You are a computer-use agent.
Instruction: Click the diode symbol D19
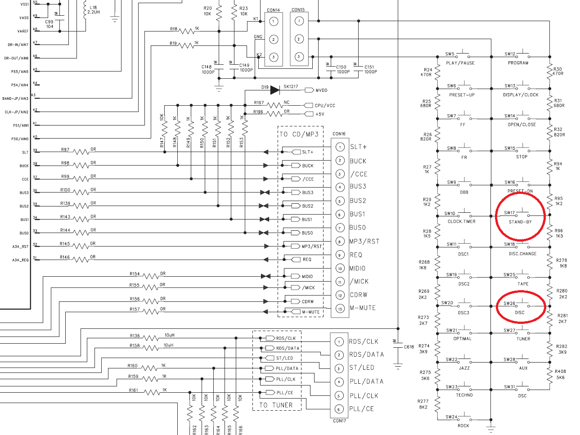coord(275,90)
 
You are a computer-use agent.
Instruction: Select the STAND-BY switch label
coord(520,222)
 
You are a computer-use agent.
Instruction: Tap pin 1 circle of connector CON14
coord(274,22)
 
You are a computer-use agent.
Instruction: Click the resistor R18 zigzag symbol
coord(187,31)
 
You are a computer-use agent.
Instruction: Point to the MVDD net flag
coord(309,90)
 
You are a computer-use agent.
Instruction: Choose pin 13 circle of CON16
coord(340,309)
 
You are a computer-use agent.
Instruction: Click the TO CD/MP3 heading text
coord(299,134)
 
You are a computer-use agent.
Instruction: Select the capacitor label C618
coord(409,347)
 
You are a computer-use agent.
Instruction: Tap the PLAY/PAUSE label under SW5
coord(460,63)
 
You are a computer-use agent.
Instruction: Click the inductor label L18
coord(93,8)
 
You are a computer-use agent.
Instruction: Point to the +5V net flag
coord(309,114)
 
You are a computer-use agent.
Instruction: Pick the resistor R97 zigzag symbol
coord(81,152)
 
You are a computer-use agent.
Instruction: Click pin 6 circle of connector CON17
coord(339,409)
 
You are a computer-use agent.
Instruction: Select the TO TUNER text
coord(276,405)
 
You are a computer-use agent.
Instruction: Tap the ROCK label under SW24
coord(463,426)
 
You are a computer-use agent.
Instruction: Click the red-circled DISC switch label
coord(520,313)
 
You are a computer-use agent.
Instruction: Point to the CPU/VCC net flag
coord(308,105)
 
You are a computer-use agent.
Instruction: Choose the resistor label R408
coord(560,372)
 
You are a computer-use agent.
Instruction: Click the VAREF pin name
coord(23,31)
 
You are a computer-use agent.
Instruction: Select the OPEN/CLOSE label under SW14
coord(522,125)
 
